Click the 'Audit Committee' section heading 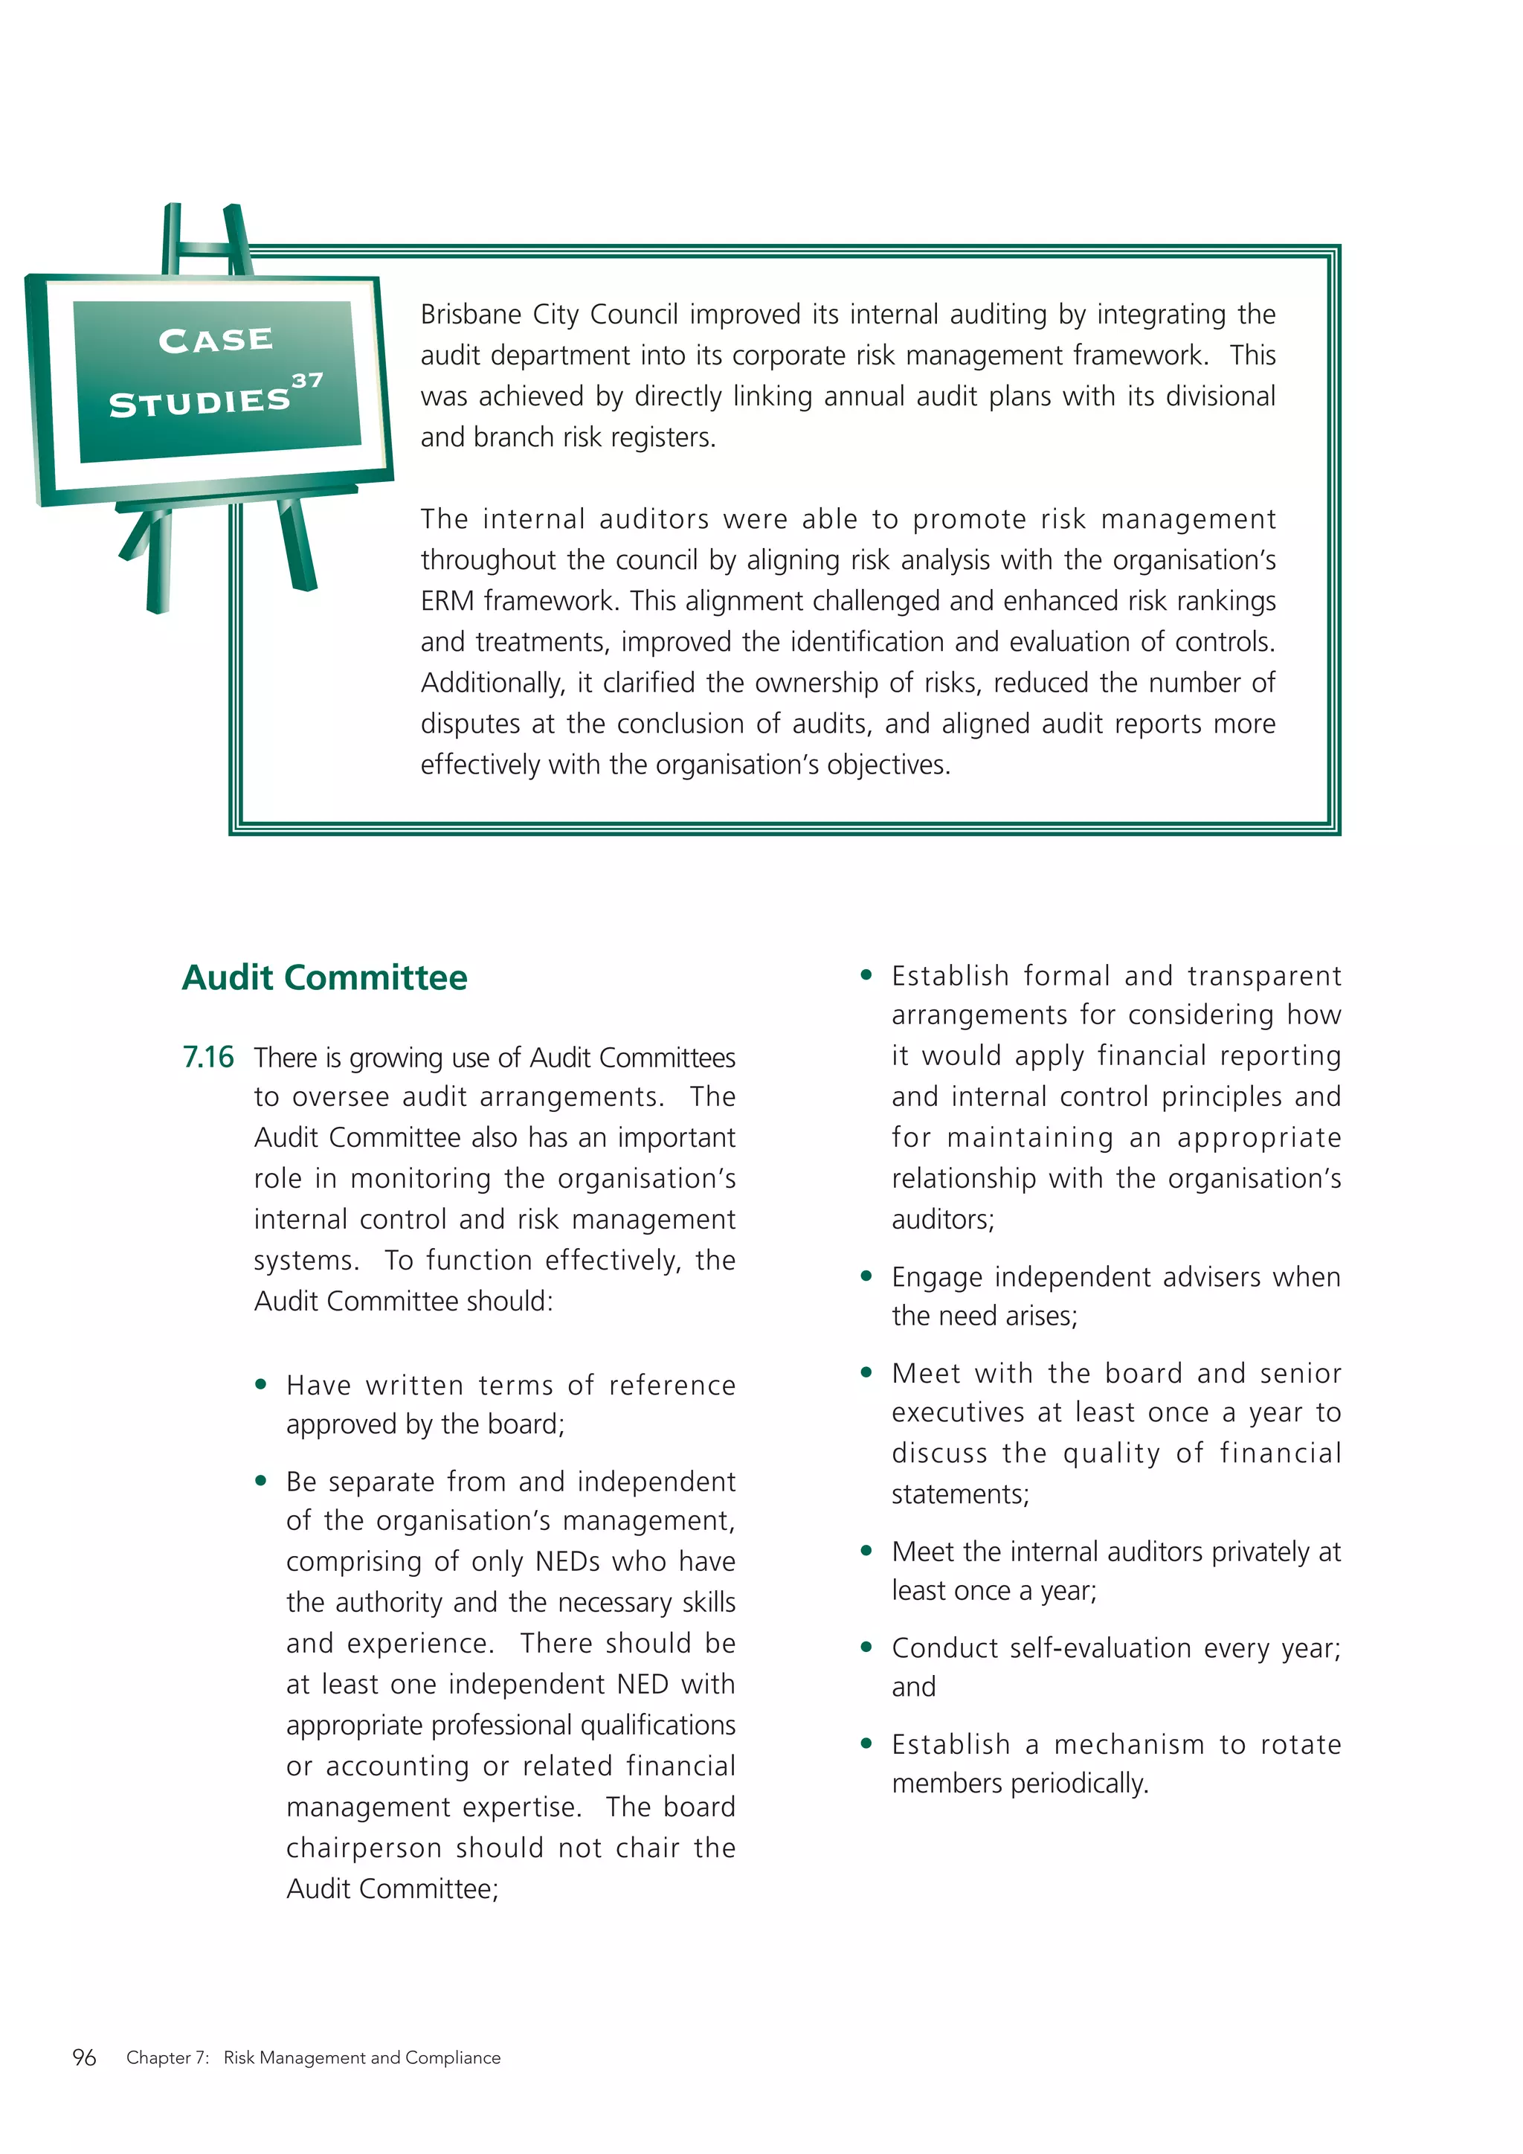(x=324, y=977)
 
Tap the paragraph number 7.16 (x=208, y=1058)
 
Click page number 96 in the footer (x=84, y=2057)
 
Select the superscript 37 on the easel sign (x=308, y=380)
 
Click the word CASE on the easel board (x=216, y=340)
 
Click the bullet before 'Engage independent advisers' (x=866, y=1276)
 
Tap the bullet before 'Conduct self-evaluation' (x=866, y=1647)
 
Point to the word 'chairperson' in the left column (x=364, y=1848)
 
